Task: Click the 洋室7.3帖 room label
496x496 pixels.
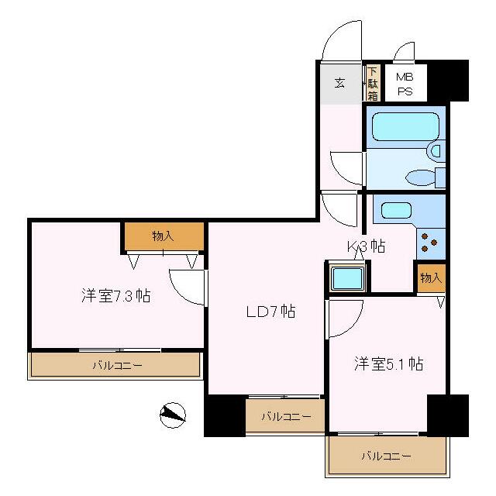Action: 115,295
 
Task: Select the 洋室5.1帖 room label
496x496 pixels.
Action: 389,363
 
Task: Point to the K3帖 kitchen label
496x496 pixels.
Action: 366,247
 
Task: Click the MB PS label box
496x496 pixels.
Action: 405,84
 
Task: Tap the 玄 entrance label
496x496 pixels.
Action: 339,84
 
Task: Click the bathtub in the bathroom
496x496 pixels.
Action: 405,126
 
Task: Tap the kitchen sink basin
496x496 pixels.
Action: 396,210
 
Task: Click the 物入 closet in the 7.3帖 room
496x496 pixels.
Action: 164,236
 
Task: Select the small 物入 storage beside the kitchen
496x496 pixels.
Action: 431,277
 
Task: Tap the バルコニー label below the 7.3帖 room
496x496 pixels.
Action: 116,364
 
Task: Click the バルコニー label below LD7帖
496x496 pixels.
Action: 285,417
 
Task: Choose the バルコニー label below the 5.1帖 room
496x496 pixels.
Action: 386,456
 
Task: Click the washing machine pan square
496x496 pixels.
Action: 346,277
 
